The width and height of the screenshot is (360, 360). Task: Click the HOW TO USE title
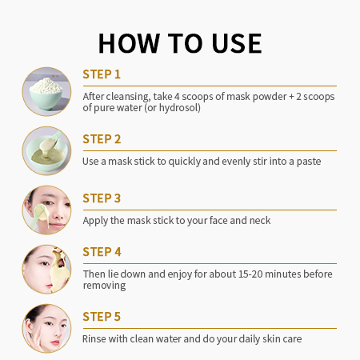tap(180, 43)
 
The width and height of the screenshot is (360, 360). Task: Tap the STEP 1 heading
tap(102, 74)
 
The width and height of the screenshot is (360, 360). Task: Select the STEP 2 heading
tap(102, 139)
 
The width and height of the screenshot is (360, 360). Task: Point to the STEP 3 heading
tap(102, 198)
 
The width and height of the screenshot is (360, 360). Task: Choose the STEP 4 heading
tap(102, 252)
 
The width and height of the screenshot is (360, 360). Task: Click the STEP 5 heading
tap(102, 317)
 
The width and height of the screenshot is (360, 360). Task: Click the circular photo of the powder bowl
tap(46, 92)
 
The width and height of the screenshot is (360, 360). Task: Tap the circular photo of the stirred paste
tap(46, 151)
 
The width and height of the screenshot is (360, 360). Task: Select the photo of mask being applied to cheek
tap(46, 210)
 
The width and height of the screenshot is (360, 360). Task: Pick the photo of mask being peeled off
tap(46, 270)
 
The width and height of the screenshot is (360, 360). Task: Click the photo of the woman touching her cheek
tap(46, 329)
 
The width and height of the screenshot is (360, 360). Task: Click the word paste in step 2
tap(309, 162)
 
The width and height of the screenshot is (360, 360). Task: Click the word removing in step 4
tap(104, 286)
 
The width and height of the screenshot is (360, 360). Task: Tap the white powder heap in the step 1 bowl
tap(46, 85)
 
